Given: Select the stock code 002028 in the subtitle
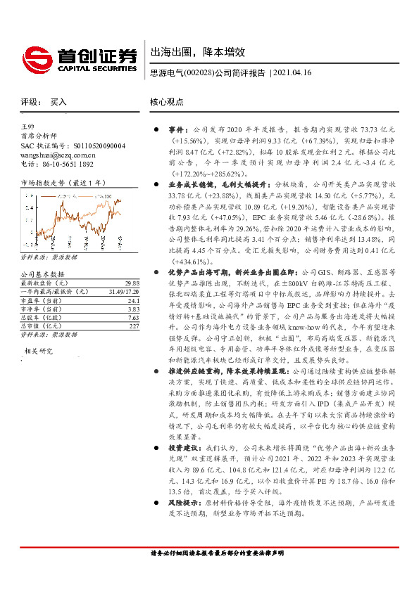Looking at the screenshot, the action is pyautogui.click(x=198, y=72).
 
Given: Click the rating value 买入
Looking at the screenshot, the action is pyautogui.click(x=58, y=102).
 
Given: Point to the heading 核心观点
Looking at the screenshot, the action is pyautogui.click(x=167, y=102).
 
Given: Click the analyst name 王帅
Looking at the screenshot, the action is pyautogui.click(x=27, y=126).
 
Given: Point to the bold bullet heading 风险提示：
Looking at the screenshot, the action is pyautogui.click(x=185, y=524).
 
